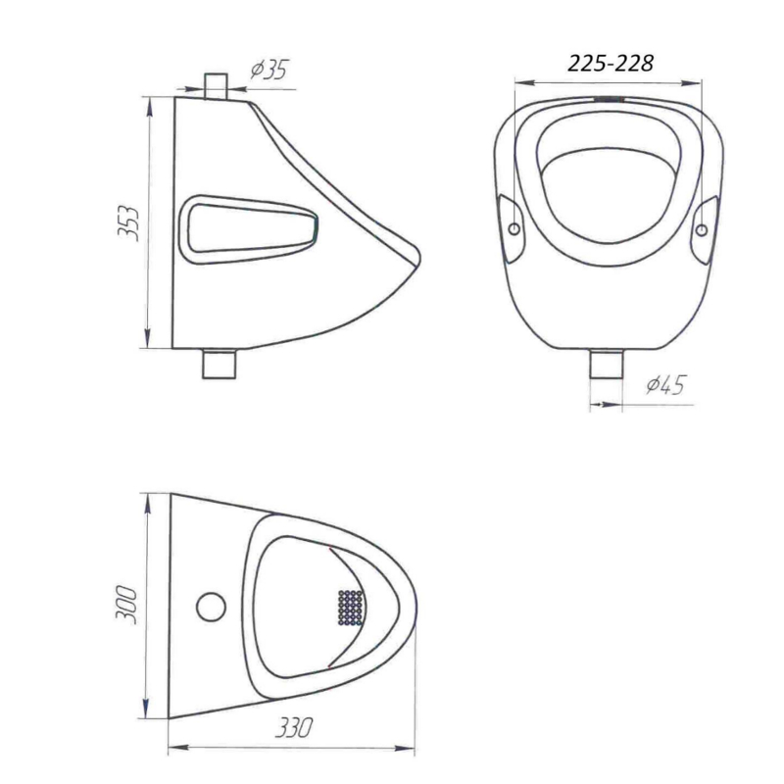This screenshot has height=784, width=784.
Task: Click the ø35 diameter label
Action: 270,70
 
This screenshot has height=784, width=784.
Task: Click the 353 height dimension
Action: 127,223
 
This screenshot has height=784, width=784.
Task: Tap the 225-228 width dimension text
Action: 611,64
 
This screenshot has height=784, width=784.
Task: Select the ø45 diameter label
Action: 665,385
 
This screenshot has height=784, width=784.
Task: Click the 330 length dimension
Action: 295,727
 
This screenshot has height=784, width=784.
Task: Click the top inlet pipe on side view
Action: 216,86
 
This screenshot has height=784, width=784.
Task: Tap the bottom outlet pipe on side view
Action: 219,364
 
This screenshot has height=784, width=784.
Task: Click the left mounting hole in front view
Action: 514,229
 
